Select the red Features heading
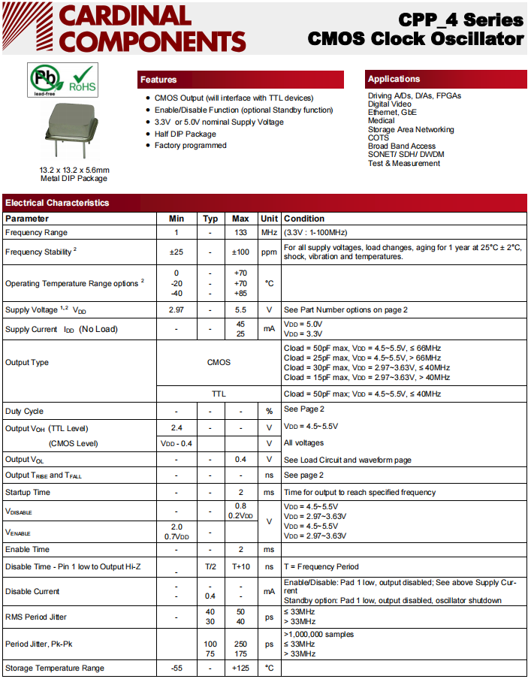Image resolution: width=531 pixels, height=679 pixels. click(x=158, y=80)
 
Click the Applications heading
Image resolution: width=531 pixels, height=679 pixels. click(x=394, y=79)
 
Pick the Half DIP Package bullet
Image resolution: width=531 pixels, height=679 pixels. click(x=185, y=134)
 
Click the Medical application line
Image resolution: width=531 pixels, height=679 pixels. click(x=381, y=121)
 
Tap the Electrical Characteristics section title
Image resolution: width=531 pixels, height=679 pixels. click(x=57, y=203)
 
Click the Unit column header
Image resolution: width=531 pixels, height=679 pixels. click(x=269, y=219)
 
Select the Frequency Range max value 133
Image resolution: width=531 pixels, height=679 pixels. click(x=240, y=233)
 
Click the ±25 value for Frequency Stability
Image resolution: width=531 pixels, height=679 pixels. click(x=176, y=252)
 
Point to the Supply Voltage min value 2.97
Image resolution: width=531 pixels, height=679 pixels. click(x=176, y=309)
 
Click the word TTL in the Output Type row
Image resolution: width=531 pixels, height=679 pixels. click(x=219, y=394)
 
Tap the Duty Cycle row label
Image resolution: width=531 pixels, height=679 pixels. click(x=26, y=412)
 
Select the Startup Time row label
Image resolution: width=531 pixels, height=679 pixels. click(x=28, y=493)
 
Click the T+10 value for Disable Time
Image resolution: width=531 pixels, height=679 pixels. click(x=240, y=567)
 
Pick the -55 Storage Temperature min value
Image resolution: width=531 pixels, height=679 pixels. click(x=176, y=668)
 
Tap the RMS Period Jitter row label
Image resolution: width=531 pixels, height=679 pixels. click(x=36, y=617)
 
